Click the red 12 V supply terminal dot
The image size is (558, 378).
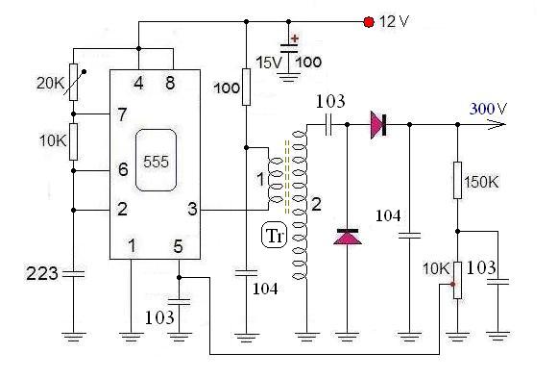tap(369, 22)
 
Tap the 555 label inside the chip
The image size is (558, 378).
tap(156, 162)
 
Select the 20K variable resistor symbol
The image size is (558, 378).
tap(74, 83)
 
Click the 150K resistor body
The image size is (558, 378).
tap(458, 180)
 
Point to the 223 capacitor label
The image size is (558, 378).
tap(42, 273)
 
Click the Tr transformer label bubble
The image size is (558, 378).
tap(274, 236)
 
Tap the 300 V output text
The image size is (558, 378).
tap(488, 109)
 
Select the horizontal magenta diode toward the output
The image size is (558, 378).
tap(378, 125)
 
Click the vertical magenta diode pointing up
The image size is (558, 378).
tap(348, 237)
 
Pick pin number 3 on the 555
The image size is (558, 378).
tap(192, 209)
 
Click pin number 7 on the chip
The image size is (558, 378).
tap(122, 114)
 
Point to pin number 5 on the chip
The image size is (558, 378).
tap(179, 246)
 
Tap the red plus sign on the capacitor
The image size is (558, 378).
tap(295, 38)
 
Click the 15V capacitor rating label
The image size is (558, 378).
tap(269, 63)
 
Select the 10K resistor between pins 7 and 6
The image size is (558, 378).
tap(73, 141)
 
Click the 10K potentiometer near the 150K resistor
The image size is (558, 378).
tap(457, 281)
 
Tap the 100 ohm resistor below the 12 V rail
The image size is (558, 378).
tap(246, 88)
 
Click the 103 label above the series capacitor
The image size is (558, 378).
tap(330, 101)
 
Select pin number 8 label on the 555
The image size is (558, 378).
tap(170, 84)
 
